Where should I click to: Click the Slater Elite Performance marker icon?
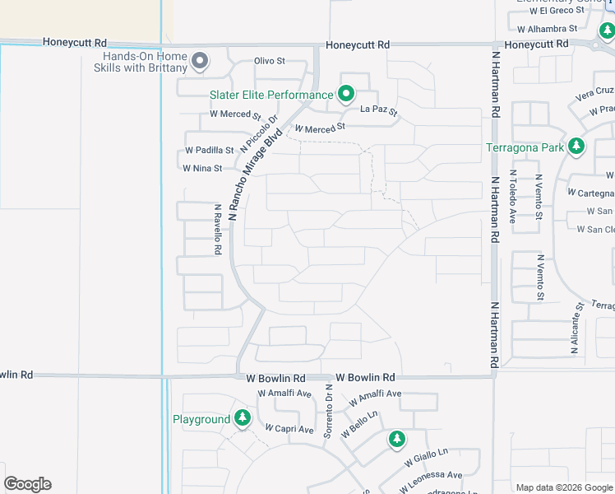[346, 95]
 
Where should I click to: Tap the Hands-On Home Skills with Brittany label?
[146, 62]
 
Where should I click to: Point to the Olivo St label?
[269, 61]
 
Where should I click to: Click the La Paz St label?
[380, 110]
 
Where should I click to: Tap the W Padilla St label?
[209, 151]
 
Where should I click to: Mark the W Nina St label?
[202, 168]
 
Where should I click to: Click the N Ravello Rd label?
[218, 230]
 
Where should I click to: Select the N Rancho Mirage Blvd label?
[256, 173]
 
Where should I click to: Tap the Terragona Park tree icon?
[577, 147]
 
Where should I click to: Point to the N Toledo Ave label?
[512, 197]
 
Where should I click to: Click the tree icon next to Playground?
[242, 418]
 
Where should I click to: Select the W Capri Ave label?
[289, 429]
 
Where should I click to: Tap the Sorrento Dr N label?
[328, 410]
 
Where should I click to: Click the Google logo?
[27, 484]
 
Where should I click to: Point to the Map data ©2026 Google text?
[563, 487]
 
